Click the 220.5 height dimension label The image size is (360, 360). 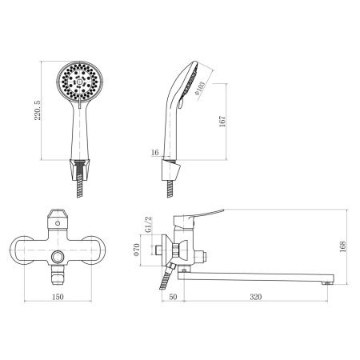[x=38, y=110]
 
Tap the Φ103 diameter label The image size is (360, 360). [x=200, y=88]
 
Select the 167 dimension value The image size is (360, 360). [x=222, y=122]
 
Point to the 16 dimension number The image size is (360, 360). [x=154, y=153]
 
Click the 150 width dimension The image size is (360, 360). [x=58, y=297]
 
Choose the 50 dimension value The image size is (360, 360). [x=173, y=297]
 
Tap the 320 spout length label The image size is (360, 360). [x=256, y=297]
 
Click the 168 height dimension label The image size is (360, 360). [x=342, y=247]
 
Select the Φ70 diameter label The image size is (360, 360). [x=137, y=250]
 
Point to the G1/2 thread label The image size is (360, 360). [x=149, y=225]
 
